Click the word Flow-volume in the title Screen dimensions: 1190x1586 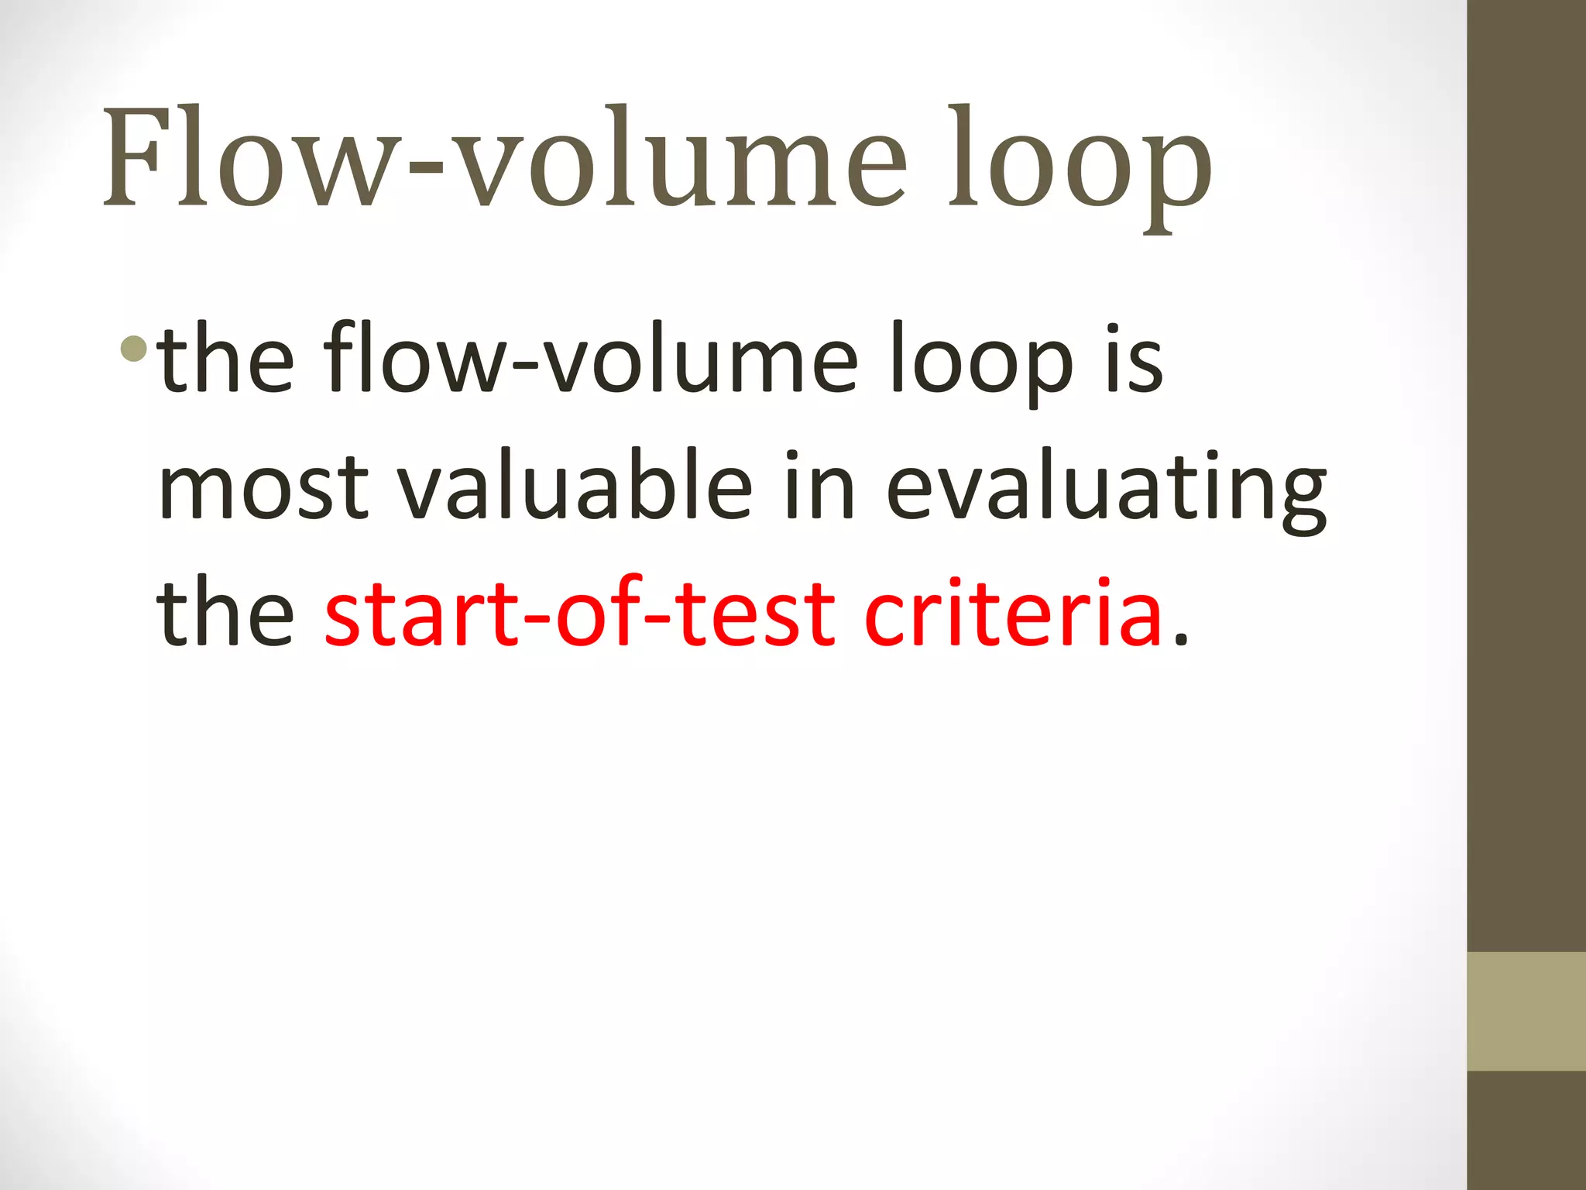503,159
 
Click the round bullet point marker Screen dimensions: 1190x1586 133,349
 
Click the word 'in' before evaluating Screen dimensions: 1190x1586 819,487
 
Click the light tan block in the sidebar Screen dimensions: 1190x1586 1526,1012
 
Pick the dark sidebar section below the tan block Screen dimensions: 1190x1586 1526,1130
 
